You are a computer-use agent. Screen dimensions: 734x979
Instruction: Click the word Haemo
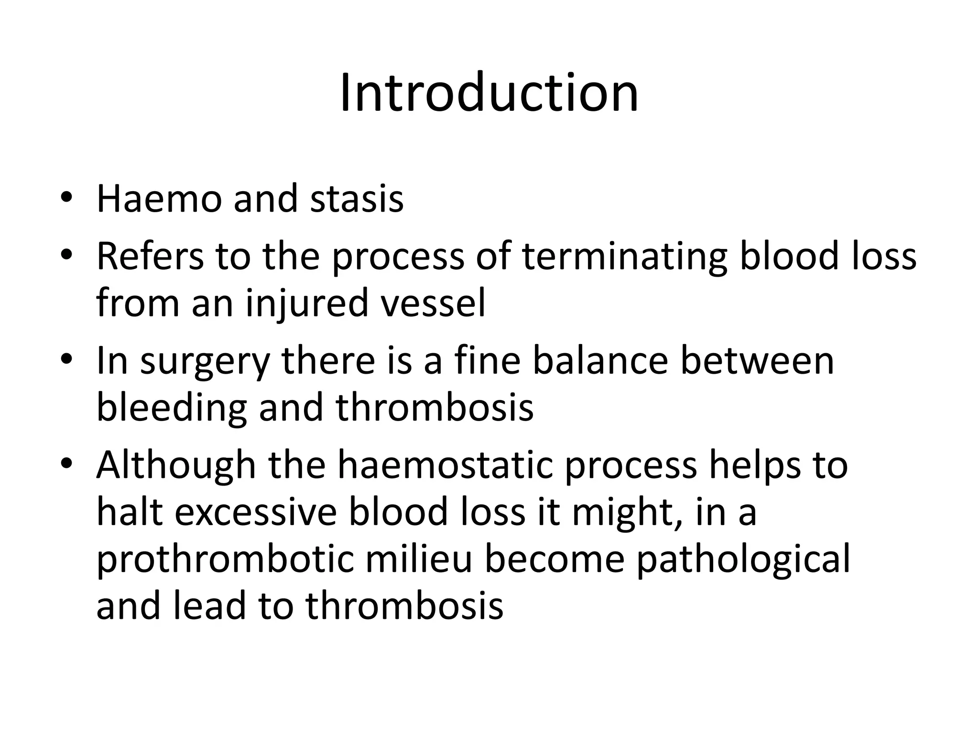[x=159, y=198]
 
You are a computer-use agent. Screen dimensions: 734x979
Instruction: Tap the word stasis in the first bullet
[x=357, y=198]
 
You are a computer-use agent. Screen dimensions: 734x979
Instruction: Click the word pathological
[x=743, y=560]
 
